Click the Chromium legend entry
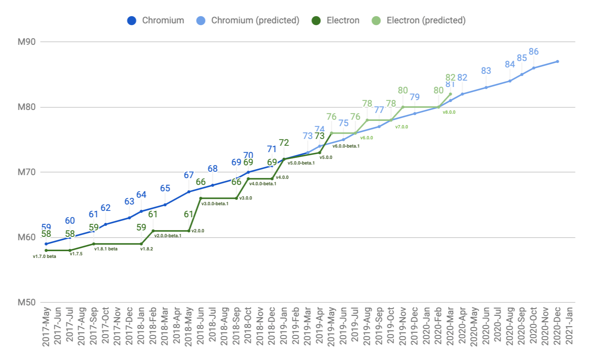156,20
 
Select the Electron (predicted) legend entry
419,20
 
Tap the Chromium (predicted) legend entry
248,20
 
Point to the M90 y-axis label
26,42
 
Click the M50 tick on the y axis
26,302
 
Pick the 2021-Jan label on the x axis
569,326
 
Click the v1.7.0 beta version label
44,256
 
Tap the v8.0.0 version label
449,112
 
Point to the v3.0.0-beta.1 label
215,204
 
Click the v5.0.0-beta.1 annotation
301,163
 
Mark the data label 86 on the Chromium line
533,52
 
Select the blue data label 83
486,71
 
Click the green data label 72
284,143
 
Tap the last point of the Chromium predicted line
557,61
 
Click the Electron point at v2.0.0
189,231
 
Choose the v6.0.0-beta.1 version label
346,146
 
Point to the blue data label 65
165,188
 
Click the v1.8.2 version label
147,249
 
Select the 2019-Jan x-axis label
284,326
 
